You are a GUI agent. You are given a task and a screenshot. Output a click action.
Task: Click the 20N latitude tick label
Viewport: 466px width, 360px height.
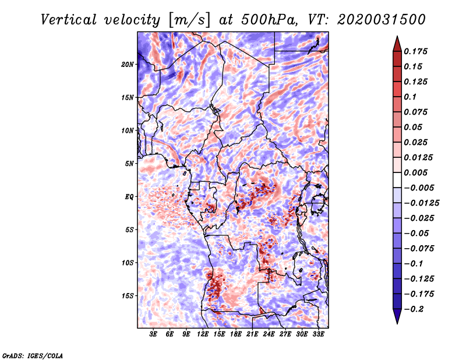click(x=128, y=64)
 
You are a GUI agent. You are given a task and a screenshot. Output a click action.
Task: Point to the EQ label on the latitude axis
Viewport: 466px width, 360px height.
click(x=130, y=197)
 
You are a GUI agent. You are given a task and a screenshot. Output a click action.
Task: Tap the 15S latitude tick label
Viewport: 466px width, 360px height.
click(x=128, y=296)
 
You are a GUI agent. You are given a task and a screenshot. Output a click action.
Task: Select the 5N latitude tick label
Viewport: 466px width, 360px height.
click(x=130, y=164)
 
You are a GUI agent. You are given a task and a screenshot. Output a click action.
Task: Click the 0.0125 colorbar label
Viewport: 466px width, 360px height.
click(x=419, y=157)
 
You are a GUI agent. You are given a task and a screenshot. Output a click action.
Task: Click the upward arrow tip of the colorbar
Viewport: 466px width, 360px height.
click(x=396, y=38)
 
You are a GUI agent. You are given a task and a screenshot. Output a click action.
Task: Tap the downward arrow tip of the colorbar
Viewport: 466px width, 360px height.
click(x=396, y=322)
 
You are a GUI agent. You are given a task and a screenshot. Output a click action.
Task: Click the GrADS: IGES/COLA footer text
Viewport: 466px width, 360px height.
click(x=32, y=355)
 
